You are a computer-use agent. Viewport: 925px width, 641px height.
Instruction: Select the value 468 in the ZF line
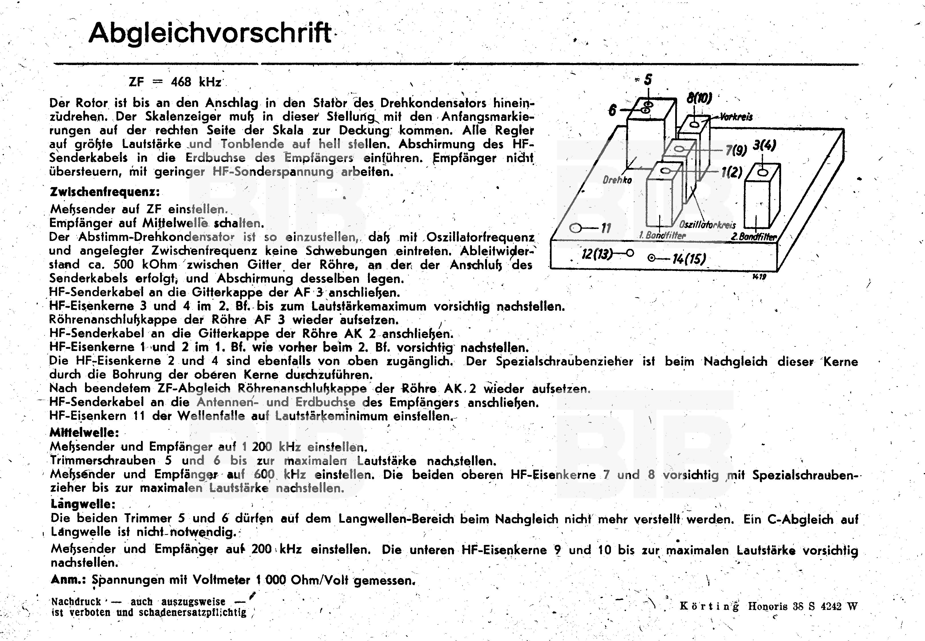[181, 82]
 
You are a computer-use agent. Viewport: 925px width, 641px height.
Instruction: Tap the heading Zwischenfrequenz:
[104, 192]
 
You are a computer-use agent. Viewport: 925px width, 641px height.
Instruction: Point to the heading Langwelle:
[83, 504]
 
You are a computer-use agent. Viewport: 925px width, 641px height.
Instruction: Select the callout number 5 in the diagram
[647, 80]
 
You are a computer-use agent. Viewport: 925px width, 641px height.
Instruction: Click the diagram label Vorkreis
[736, 117]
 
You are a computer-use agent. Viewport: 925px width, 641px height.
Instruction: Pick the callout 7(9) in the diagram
[736, 150]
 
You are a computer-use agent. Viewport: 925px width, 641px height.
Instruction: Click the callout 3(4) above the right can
[764, 145]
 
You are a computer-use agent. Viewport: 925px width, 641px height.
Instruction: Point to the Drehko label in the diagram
[617, 180]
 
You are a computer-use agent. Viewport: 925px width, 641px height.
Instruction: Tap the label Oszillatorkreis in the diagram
[707, 225]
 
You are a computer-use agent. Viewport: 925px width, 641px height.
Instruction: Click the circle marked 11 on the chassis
[576, 228]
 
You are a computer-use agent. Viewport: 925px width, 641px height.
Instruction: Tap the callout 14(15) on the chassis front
[689, 259]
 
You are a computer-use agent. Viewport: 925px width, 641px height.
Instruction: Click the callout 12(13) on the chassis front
[597, 254]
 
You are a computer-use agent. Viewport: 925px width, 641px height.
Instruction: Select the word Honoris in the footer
[767, 606]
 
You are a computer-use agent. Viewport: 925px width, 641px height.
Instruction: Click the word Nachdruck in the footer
[76, 602]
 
